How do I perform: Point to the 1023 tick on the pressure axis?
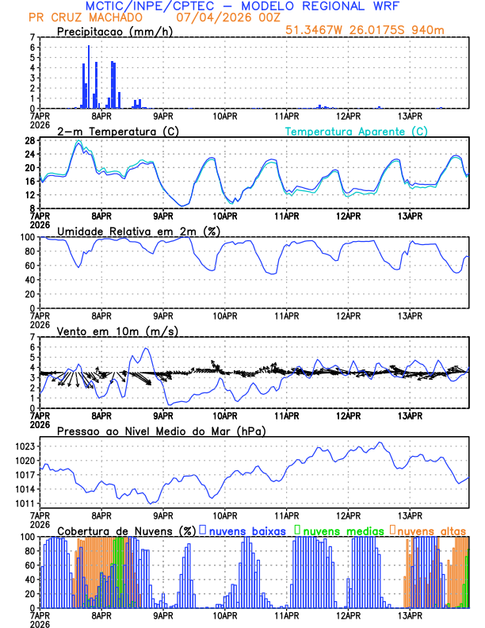(25, 446)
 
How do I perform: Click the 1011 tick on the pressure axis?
(25, 504)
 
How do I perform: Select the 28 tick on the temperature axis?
(29, 140)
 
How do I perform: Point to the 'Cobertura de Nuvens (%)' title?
(126, 530)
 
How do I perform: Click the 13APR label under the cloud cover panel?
(410, 615)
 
